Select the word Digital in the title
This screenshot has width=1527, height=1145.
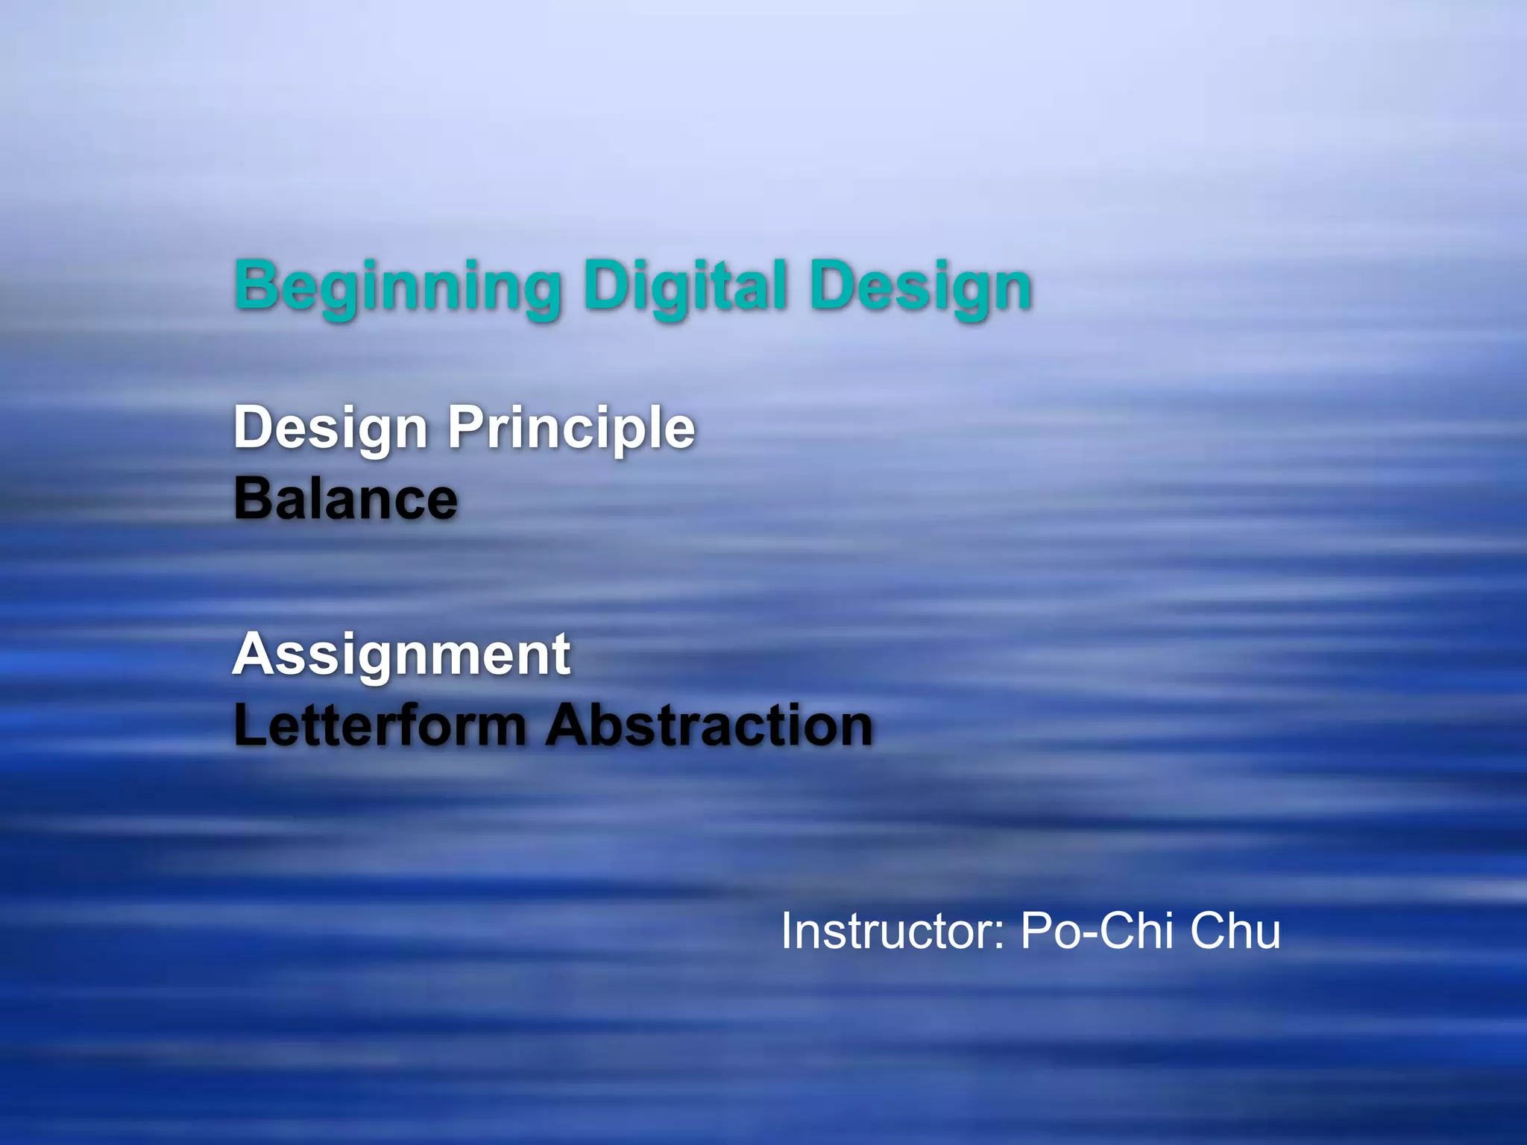click(685, 287)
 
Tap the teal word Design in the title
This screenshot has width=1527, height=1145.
click(921, 287)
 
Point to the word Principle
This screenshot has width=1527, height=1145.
click(570, 429)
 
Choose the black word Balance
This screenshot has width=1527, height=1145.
click(345, 499)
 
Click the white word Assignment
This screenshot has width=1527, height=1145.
click(401, 655)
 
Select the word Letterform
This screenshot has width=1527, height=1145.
click(380, 725)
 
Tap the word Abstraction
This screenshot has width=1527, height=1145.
click(708, 725)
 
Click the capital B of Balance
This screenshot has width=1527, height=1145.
click(252, 499)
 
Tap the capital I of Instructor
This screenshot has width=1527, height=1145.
click(787, 931)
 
